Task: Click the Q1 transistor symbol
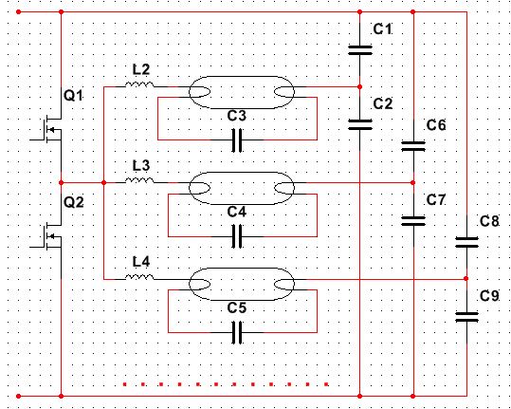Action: coord(49,130)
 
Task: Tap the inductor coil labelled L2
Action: coord(139,84)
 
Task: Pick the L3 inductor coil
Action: coord(139,180)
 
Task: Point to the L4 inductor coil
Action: coord(139,277)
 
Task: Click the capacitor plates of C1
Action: coord(360,50)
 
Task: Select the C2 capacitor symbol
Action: coord(360,124)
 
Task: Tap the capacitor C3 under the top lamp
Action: coord(237,140)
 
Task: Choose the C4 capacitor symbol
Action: coord(237,236)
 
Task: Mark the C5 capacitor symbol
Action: coord(237,332)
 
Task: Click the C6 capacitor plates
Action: coord(413,146)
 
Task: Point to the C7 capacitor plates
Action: coord(413,221)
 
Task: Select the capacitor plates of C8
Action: coord(466,242)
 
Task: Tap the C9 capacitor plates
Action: coord(466,317)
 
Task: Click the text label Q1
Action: coord(73,96)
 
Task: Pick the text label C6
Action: coord(436,125)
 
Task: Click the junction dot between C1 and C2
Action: coord(360,87)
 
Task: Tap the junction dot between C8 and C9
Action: coord(466,279)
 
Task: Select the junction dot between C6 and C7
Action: coord(413,182)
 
